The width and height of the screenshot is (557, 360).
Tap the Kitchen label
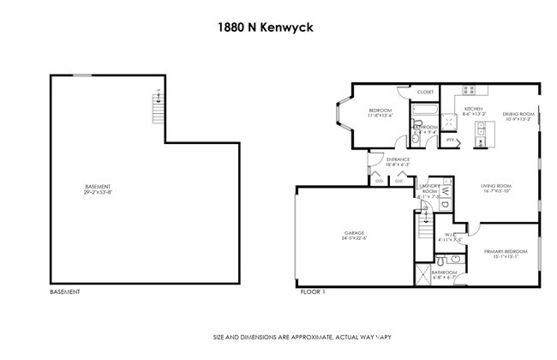point(474,110)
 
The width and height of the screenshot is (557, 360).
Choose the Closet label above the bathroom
point(426,92)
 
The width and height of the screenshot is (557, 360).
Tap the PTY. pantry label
point(450,139)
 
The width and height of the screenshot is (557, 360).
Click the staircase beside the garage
point(422,229)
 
